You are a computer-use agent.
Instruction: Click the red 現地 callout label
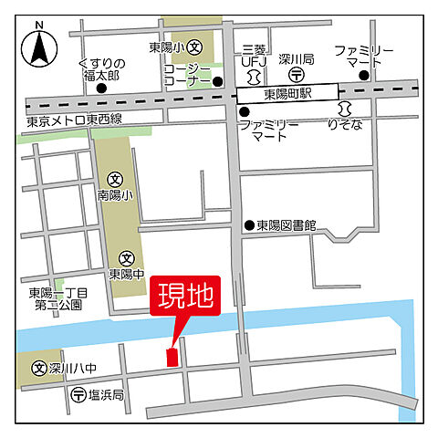tap(184, 299)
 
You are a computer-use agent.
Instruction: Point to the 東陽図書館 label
tap(285, 226)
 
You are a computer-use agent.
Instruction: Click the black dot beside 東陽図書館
tap(248, 226)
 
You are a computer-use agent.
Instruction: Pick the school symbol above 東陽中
tap(126, 258)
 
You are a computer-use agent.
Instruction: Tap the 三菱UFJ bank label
tap(254, 54)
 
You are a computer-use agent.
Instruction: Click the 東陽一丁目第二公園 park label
tap(58, 299)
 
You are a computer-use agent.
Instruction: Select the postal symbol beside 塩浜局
tap(78, 396)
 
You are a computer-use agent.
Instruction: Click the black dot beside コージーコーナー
tap(218, 81)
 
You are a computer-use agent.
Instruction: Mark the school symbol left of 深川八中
tap(39, 370)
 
